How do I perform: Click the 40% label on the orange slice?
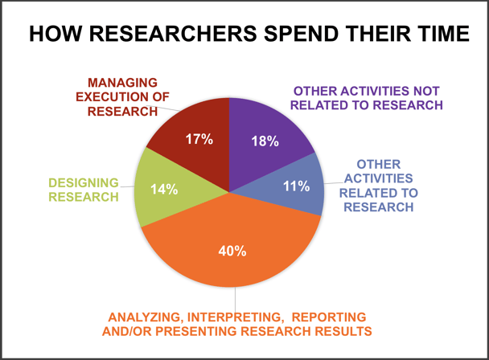232,251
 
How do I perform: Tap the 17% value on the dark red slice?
199,139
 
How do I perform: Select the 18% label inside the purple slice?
265,141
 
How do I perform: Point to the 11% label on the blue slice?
296,186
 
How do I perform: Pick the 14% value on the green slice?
164,189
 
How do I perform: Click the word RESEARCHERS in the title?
174,34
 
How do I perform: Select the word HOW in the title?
55,34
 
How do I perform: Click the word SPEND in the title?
302,34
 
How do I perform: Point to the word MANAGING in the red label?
122,83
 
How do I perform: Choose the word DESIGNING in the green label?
84,182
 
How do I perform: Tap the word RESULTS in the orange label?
343,331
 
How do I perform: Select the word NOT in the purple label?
426,91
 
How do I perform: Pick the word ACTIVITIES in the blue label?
379,178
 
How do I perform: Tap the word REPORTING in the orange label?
329,317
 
